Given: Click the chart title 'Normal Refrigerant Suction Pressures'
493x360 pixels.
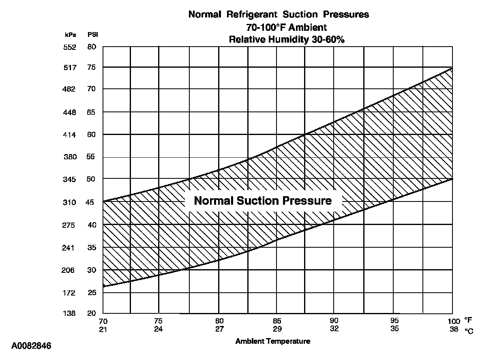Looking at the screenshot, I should pyautogui.click(x=279, y=15).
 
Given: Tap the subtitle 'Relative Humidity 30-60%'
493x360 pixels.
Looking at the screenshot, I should pyautogui.click(x=287, y=40).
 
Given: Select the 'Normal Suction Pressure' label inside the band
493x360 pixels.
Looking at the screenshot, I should pyautogui.click(x=263, y=201).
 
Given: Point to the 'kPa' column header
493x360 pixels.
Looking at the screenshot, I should pyautogui.click(x=71, y=35).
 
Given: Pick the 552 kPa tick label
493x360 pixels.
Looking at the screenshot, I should pyautogui.click(x=70, y=47).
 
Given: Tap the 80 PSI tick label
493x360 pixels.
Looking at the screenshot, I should pyautogui.click(x=92, y=47).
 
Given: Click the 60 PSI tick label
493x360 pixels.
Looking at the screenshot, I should pyautogui.click(x=92, y=134).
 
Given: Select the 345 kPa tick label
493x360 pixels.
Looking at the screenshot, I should pyautogui.click(x=70, y=179).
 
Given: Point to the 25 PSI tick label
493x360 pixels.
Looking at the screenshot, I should pyautogui.click(x=92, y=292).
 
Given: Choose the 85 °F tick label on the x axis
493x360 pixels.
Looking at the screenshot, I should pyautogui.click(x=277, y=321).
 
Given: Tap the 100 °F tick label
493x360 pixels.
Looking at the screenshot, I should pyautogui.click(x=454, y=321).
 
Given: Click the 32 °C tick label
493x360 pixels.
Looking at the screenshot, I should pyautogui.click(x=334, y=328).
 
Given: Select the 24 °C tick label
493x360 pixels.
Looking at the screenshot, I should pyautogui.click(x=159, y=328).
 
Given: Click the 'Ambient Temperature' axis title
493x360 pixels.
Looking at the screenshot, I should pyautogui.click(x=273, y=341).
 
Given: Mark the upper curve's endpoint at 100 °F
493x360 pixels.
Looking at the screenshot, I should pyautogui.click(x=452, y=68).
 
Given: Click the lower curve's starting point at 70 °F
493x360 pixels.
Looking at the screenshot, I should pyautogui.click(x=103, y=287).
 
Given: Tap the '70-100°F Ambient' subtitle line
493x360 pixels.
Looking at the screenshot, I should pyautogui.click(x=286, y=28).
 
